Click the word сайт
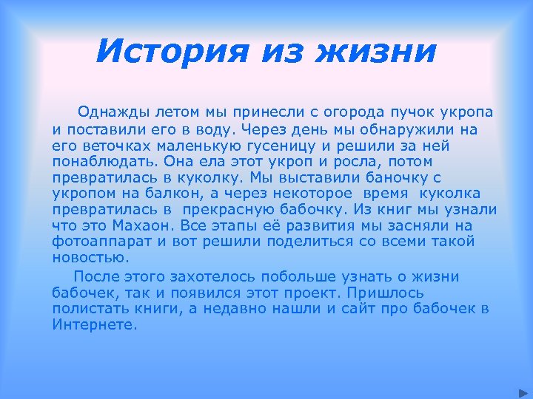point(367,309)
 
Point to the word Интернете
point(95,325)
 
